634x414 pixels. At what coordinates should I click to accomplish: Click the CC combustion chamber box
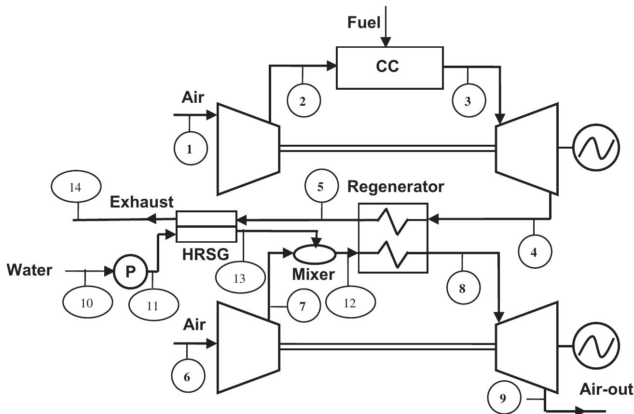[389, 68]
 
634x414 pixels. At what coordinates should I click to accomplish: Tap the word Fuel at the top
[364, 23]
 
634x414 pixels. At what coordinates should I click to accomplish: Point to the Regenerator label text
[396, 187]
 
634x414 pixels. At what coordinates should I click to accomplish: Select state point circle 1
[189, 149]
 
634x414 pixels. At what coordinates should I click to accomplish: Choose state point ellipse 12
[350, 304]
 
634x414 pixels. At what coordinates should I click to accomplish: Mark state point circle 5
[321, 187]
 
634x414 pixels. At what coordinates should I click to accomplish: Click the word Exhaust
[141, 202]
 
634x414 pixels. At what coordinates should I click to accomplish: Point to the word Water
[30, 270]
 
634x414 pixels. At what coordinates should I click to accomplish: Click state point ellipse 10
[87, 303]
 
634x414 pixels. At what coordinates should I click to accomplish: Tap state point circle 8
[462, 288]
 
